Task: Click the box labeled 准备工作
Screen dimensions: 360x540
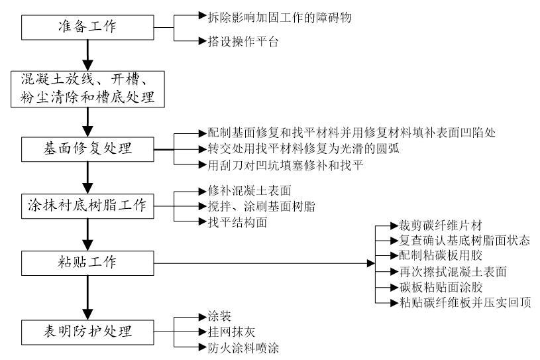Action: point(87,27)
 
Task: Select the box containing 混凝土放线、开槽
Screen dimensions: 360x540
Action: point(87,88)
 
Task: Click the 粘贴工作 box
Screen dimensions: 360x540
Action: point(87,263)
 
